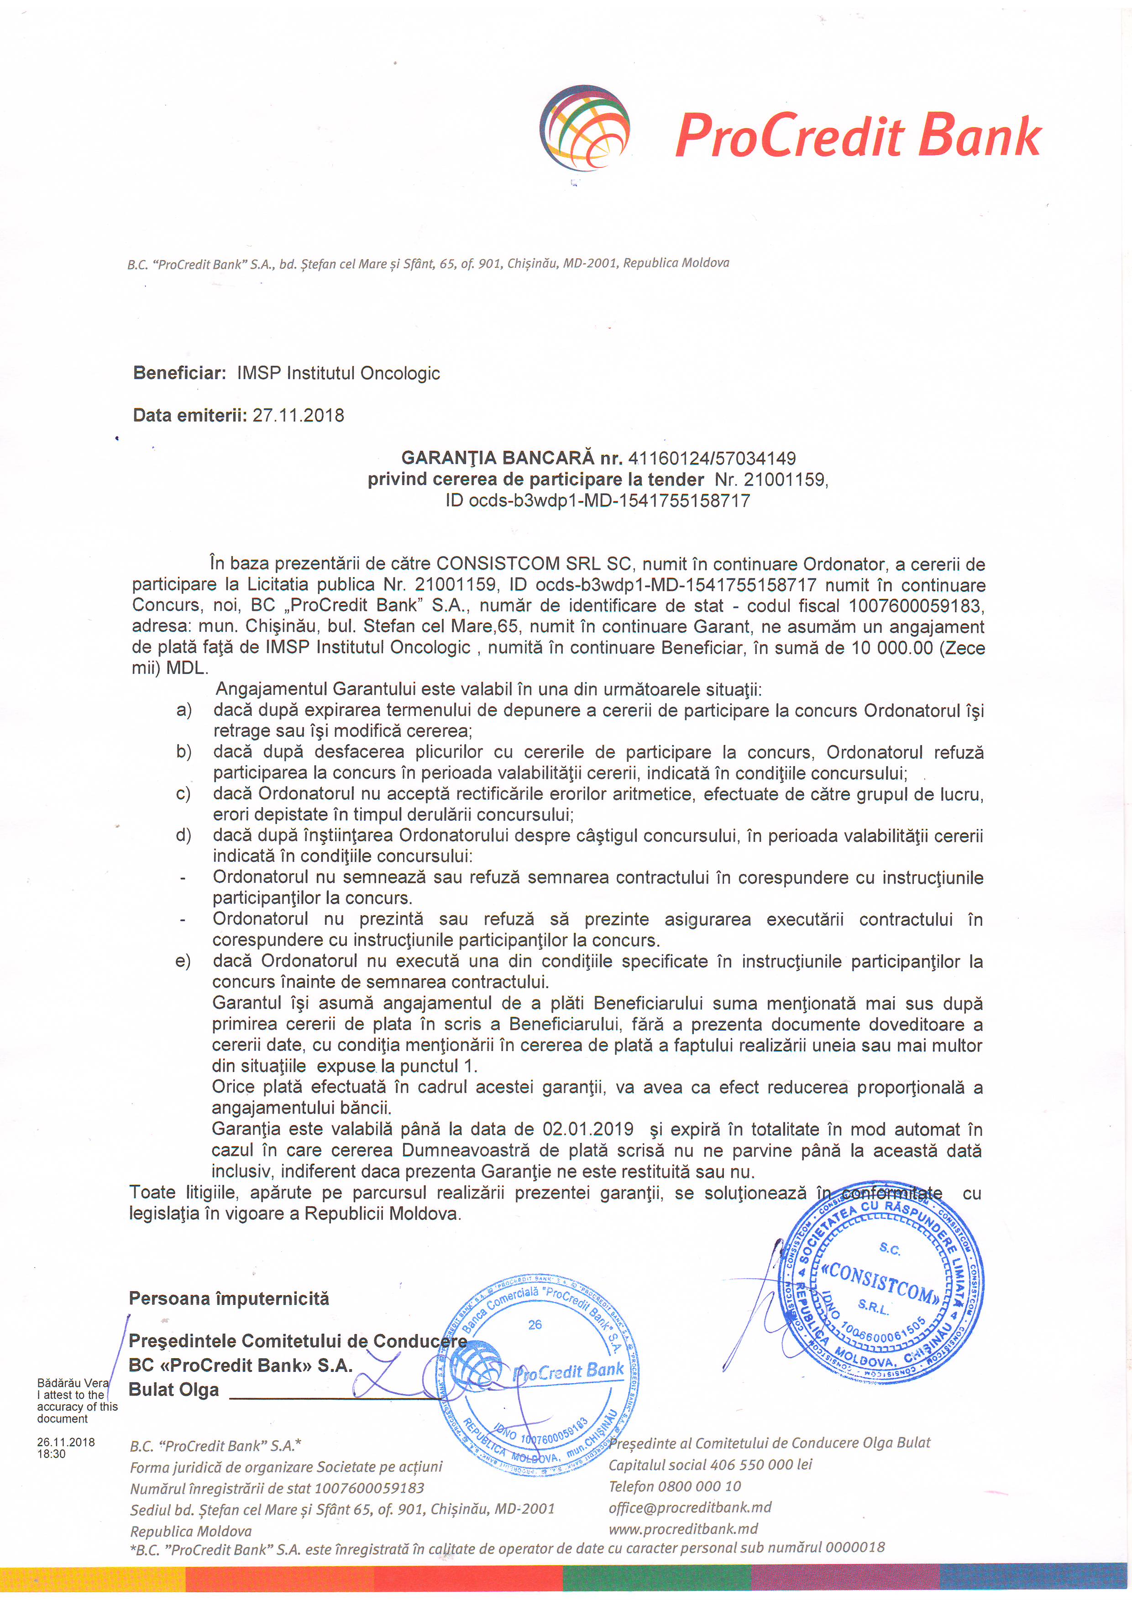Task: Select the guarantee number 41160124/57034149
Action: (712, 459)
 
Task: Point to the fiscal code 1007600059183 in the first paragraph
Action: (915, 606)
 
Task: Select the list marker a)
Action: (183, 711)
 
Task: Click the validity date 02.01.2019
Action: (587, 1130)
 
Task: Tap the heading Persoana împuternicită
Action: (229, 1298)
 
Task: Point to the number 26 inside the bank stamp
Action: (535, 1325)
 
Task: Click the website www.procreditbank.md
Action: (683, 1529)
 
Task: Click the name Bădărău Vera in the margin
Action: (73, 1383)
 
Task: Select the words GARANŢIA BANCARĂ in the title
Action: (498, 459)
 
